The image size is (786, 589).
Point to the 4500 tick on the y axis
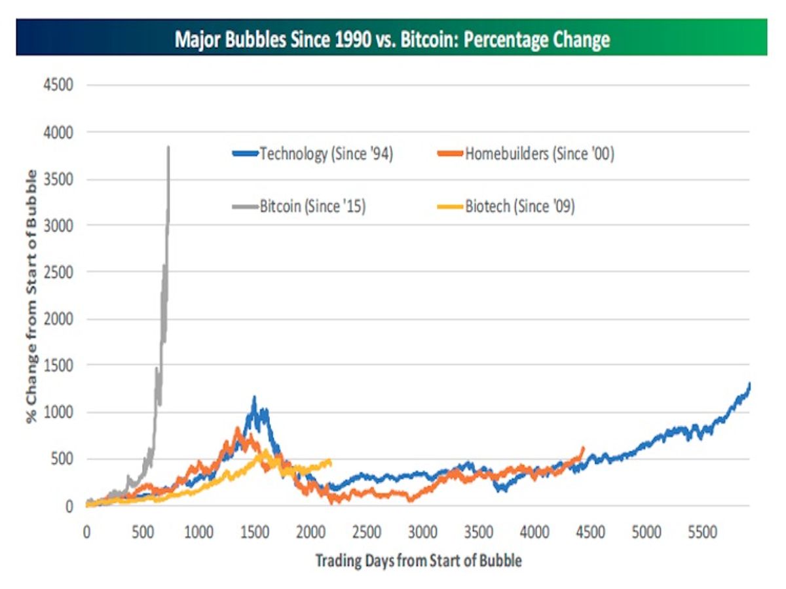(59, 85)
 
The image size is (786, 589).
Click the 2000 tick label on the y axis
(59, 319)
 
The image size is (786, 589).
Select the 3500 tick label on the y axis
(59, 179)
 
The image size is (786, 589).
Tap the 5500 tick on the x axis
(703, 532)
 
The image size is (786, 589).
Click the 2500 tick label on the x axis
(367, 532)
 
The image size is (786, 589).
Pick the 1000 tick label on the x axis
(198, 532)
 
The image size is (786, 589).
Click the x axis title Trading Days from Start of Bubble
(419, 560)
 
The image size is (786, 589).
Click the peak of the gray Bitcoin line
(169, 147)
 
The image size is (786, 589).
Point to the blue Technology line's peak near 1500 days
(254, 397)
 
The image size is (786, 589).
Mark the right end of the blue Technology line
(749, 384)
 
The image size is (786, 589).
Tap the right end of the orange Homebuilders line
(583, 448)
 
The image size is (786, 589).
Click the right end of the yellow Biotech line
(330, 462)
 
